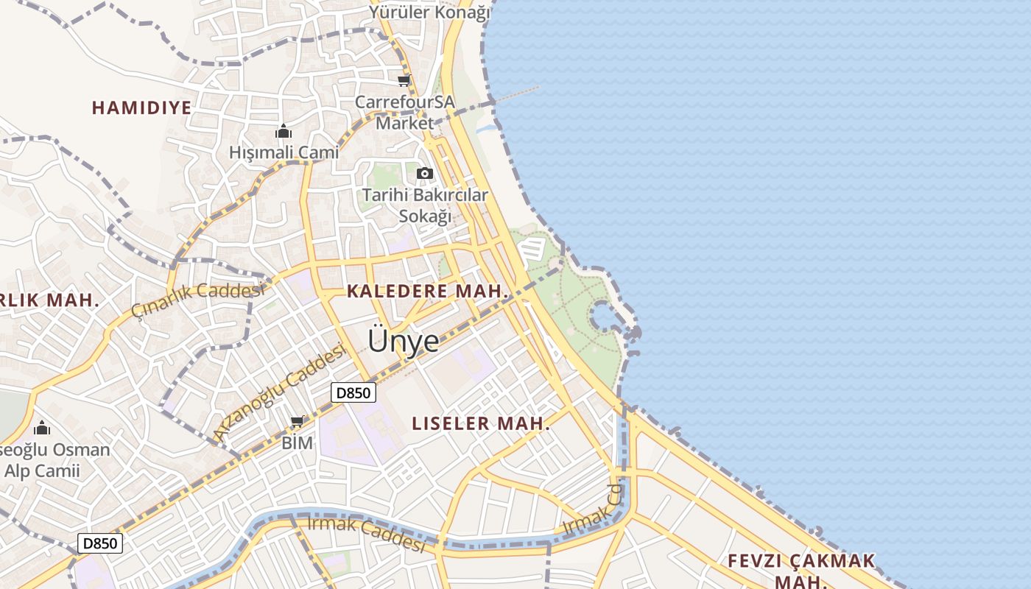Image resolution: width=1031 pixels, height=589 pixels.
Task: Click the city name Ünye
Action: [403, 340]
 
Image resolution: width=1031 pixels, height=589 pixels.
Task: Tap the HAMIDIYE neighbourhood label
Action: [141, 107]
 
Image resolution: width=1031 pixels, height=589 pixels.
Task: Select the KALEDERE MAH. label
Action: [427, 291]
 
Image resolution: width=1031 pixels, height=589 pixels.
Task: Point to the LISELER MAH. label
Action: [481, 423]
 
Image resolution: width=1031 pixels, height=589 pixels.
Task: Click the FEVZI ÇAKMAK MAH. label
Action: [801, 570]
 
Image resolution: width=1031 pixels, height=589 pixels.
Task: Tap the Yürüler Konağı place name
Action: [430, 12]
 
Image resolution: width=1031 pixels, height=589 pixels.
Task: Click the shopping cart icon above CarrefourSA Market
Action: [404, 81]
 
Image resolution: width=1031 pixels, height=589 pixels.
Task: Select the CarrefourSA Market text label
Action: [405, 112]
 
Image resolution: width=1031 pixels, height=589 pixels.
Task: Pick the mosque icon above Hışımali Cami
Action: [284, 132]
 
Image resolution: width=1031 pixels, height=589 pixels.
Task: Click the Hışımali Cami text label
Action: [284, 152]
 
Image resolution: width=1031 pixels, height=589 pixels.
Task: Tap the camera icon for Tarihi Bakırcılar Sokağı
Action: [425, 174]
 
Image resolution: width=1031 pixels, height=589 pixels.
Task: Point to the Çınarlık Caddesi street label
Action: [197, 299]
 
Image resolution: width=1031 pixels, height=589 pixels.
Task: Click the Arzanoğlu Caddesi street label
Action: [280, 392]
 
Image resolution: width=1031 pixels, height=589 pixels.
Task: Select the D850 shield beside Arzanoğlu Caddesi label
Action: [353, 392]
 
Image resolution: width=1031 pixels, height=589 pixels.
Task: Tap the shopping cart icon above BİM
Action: [298, 422]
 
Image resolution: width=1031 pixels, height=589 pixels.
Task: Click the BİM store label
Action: [298, 442]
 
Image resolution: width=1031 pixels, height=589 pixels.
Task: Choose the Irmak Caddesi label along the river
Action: [366, 535]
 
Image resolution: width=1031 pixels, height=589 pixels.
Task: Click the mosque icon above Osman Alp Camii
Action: [42, 428]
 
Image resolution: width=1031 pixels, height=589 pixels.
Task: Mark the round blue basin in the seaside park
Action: [602, 317]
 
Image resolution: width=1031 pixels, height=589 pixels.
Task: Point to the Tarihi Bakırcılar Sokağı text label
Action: [425, 205]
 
